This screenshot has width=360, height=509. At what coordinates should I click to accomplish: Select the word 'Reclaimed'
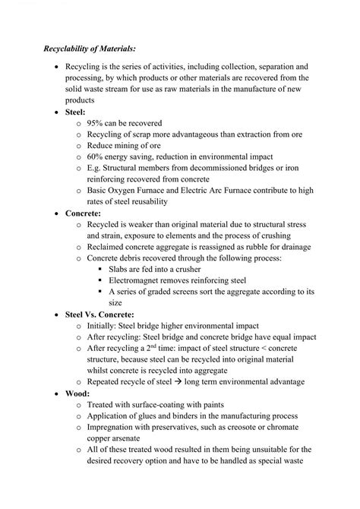[x=113, y=248]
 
